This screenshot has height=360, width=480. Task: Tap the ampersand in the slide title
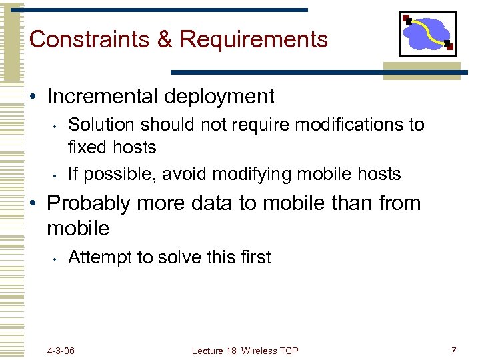tap(165, 39)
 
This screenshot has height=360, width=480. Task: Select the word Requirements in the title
tap(253, 40)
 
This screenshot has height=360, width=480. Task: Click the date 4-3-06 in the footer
tap(61, 351)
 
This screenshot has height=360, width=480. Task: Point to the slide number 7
tap(453, 351)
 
